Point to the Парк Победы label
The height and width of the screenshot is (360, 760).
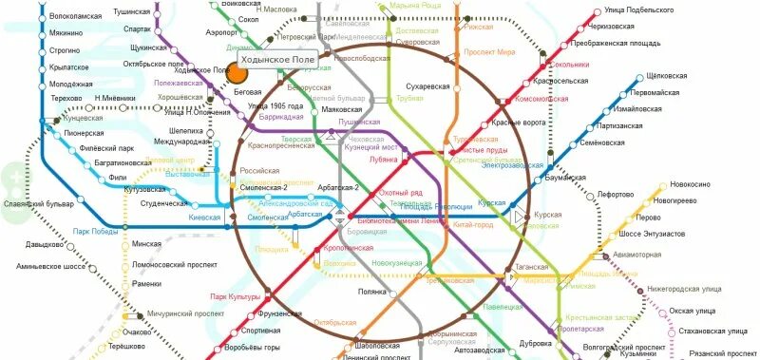pos(96,232)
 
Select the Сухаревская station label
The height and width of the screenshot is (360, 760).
pos(427,86)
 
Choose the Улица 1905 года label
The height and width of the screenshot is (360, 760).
pos(275,105)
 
